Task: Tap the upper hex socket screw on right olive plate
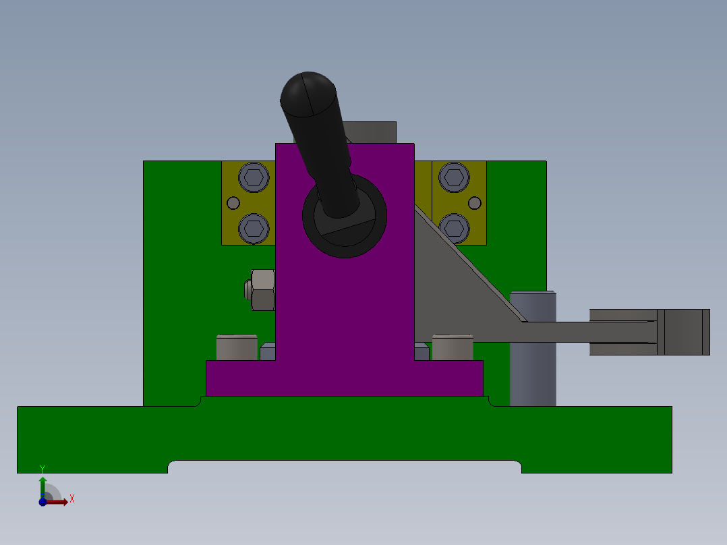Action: tap(453, 177)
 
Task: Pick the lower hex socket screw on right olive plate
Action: tap(454, 228)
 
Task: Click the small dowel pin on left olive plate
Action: tap(233, 203)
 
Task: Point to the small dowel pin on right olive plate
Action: tap(474, 203)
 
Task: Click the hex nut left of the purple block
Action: tap(262, 289)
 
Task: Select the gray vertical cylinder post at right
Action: tap(533, 364)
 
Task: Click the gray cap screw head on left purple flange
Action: tap(237, 347)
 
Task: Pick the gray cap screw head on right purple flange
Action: tap(452, 347)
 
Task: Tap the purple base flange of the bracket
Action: tap(344, 378)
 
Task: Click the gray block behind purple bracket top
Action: tap(374, 132)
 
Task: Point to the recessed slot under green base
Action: tap(344, 467)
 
